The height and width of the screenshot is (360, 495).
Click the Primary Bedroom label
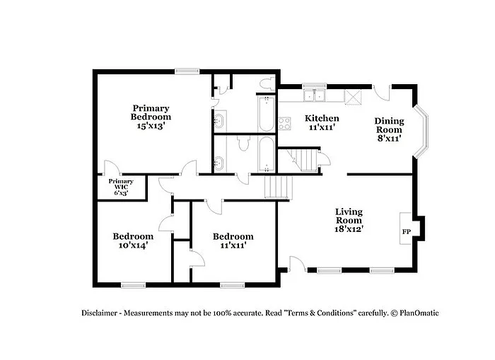pos(151,112)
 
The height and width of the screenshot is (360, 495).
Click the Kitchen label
pos(322,118)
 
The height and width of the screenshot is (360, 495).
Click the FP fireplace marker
pos(407,231)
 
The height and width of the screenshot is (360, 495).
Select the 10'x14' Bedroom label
pos(133,241)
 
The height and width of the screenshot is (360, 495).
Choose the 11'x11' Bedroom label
pos(233,241)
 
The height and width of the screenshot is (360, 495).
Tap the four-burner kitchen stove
pos(285,124)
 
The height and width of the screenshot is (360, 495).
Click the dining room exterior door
pos(381,92)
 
